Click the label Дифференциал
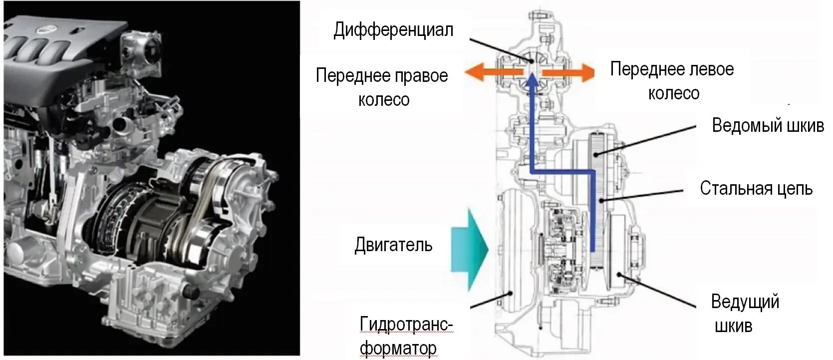click(x=393, y=30)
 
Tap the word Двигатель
click(x=393, y=245)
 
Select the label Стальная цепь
click(x=756, y=189)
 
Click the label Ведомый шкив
click(x=768, y=125)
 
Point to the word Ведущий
click(x=745, y=302)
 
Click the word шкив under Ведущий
click(x=733, y=326)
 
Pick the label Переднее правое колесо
click(x=382, y=87)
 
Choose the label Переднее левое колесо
click(x=672, y=81)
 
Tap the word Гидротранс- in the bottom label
click(x=406, y=325)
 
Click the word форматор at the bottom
click(x=398, y=348)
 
